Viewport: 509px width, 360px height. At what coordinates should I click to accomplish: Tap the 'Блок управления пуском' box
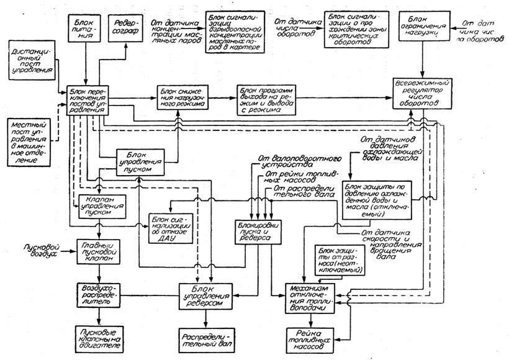coord(142,161)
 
